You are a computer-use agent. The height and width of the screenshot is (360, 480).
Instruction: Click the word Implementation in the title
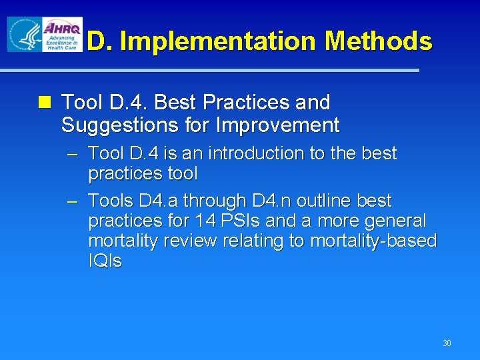219,42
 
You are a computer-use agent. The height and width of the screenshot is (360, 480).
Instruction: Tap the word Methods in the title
378,42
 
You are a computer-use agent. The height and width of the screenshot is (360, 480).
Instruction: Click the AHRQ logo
62,34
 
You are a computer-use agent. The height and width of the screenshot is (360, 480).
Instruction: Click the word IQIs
105,261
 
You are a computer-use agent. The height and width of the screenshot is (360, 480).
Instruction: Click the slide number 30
447,343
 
